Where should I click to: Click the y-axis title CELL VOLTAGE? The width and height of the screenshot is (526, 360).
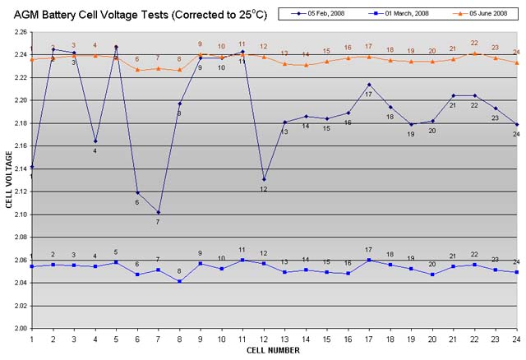pyautogui.click(x=9, y=179)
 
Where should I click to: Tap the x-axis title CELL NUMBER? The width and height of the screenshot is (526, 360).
pyautogui.click(x=273, y=350)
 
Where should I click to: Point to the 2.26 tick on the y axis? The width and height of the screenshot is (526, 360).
pyautogui.click(x=19, y=32)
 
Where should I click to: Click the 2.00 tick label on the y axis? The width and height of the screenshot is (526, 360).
pyautogui.click(x=19, y=328)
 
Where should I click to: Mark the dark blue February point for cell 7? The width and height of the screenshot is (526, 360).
pyautogui.click(x=158, y=212)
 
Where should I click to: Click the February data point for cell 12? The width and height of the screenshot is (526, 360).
pyautogui.click(x=263, y=179)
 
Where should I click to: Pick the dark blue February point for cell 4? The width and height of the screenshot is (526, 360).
pyautogui.click(x=95, y=141)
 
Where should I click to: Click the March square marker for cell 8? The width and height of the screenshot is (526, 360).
pyautogui.click(x=179, y=281)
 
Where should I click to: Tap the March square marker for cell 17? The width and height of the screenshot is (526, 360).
pyautogui.click(x=369, y=260)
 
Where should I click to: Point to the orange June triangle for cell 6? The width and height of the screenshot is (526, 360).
pyautogui.click(x=137, y=70)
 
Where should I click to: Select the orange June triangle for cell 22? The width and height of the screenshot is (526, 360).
pyautogui.click(x=474, y=53)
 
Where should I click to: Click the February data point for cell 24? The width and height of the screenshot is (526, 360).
pyautogui.click(x=516, y=124)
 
